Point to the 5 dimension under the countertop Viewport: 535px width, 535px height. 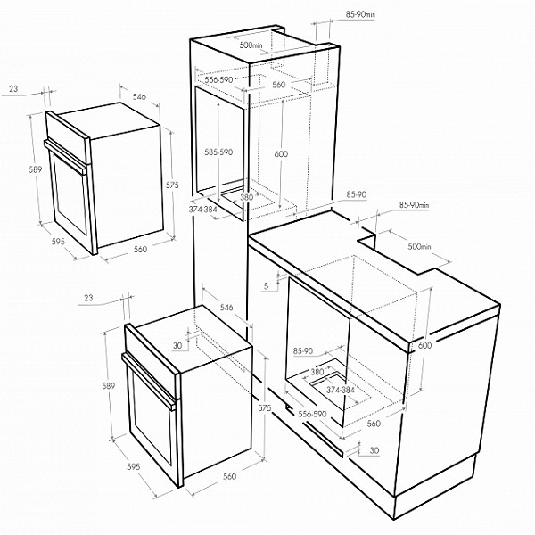(266, 285)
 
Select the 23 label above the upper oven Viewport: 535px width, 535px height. (13, 88)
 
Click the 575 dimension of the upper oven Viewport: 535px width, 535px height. (173, 185)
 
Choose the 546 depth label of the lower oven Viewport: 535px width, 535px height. (226, 308)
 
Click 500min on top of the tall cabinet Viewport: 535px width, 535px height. (251, 44)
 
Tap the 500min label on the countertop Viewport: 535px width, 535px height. (418, 246)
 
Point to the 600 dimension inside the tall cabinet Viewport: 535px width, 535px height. (281, 154)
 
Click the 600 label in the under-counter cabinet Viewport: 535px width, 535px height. (424, 345)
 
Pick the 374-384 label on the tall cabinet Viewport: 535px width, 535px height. (203, 209)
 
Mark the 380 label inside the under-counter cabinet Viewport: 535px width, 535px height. (316, 371)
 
